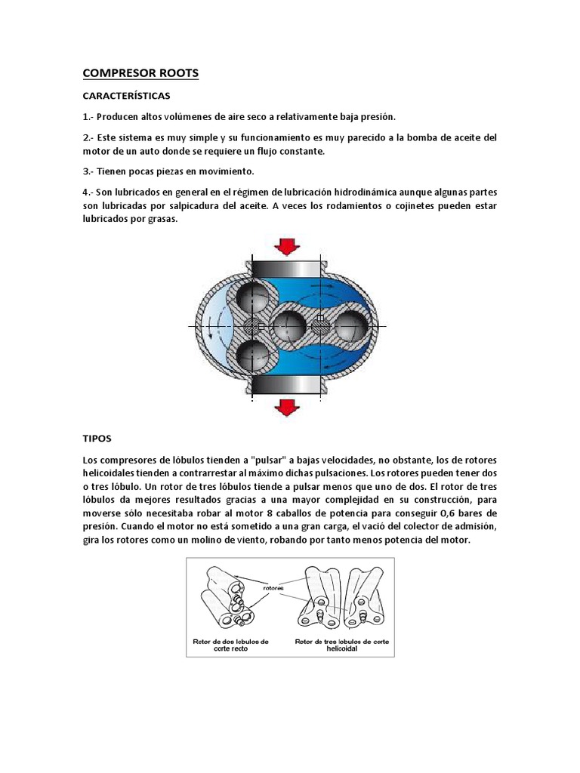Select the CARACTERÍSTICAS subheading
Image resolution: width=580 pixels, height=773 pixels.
tap(126, 96)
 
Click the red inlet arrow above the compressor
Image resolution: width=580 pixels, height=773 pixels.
tap(286, 248)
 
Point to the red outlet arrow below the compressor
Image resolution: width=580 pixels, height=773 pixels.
tap(286, 407)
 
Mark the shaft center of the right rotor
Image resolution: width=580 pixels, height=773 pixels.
tap(319, 325)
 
